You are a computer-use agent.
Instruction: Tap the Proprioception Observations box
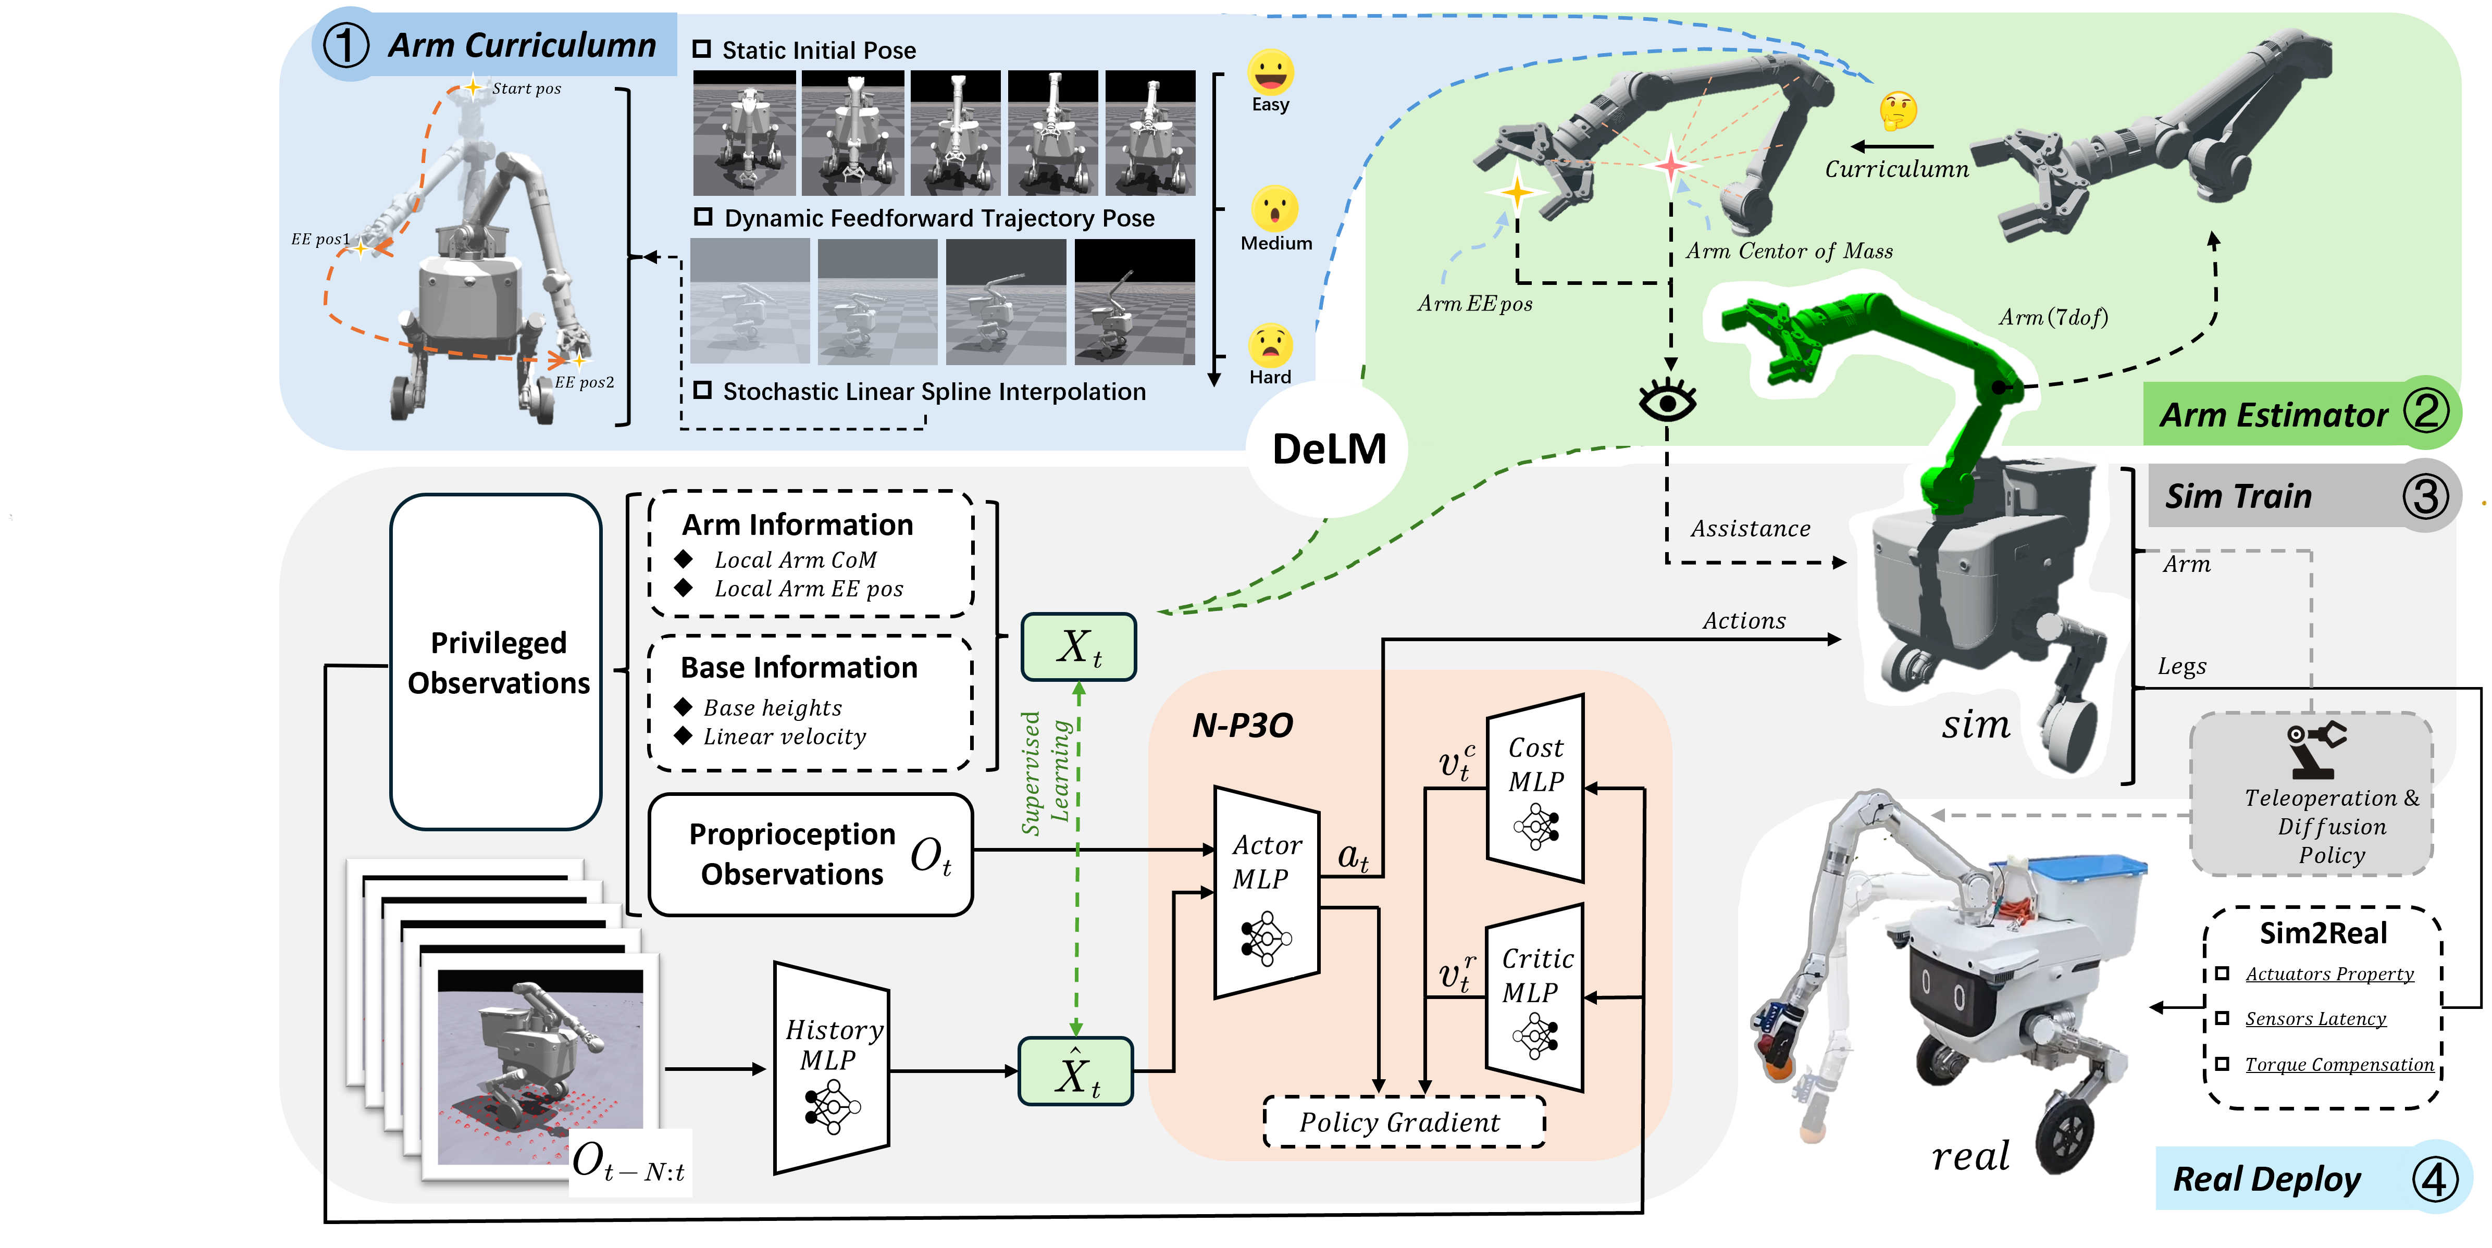[811, 854]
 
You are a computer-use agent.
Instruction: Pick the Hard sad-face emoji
[1270, 344]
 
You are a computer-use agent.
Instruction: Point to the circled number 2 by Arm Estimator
[2425, 410]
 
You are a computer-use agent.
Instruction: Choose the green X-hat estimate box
[1076, 1071]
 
